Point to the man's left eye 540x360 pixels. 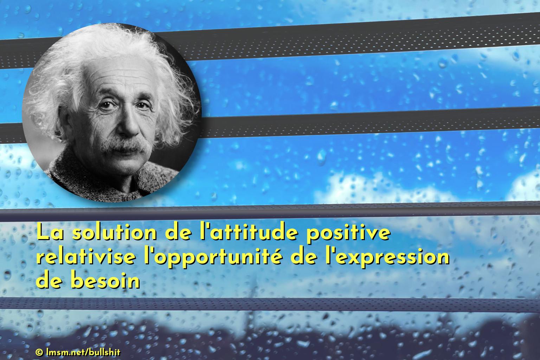click(143, 105)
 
